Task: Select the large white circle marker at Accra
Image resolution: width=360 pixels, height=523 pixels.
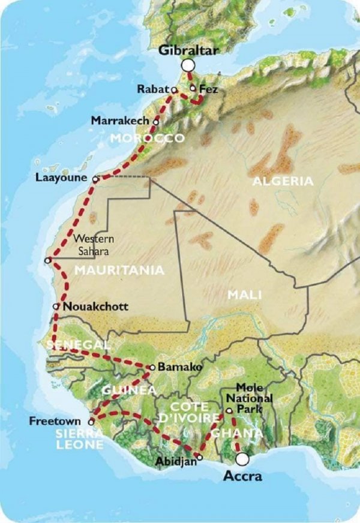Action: (242, 459)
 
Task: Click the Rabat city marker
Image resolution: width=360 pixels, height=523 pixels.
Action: (174, 90)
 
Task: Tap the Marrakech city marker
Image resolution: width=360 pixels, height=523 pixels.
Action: (156, 121)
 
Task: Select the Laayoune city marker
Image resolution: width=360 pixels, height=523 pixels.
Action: (96, 179)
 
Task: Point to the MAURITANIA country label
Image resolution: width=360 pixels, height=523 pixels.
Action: (119, 270)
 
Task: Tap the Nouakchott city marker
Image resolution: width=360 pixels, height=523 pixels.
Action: (56, 306)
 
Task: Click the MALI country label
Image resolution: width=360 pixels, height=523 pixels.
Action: (240, 294)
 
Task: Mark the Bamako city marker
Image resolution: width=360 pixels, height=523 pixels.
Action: (152, 367)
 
